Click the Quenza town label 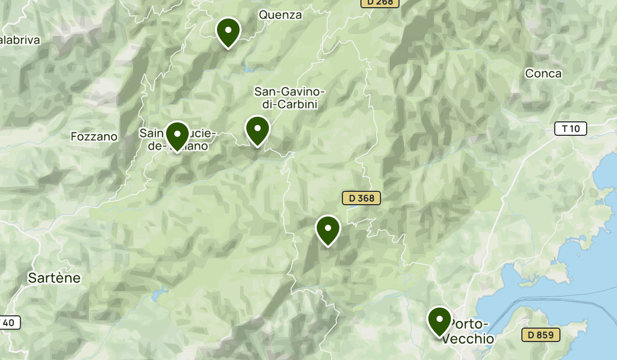tap(280, 15)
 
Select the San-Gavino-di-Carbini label tap(289, 98)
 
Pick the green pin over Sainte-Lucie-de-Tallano tap(177, 135)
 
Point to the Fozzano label tap(94, 137)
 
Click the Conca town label tap(543, 74)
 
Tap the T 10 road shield tap(570, 129)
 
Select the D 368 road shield tap(361, 198)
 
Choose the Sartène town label tap(54, 278)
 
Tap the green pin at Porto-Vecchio tap(439, 320)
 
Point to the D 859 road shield tap(540, 335)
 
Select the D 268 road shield tap(379, 3)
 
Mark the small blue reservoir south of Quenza tap(249, 68)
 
